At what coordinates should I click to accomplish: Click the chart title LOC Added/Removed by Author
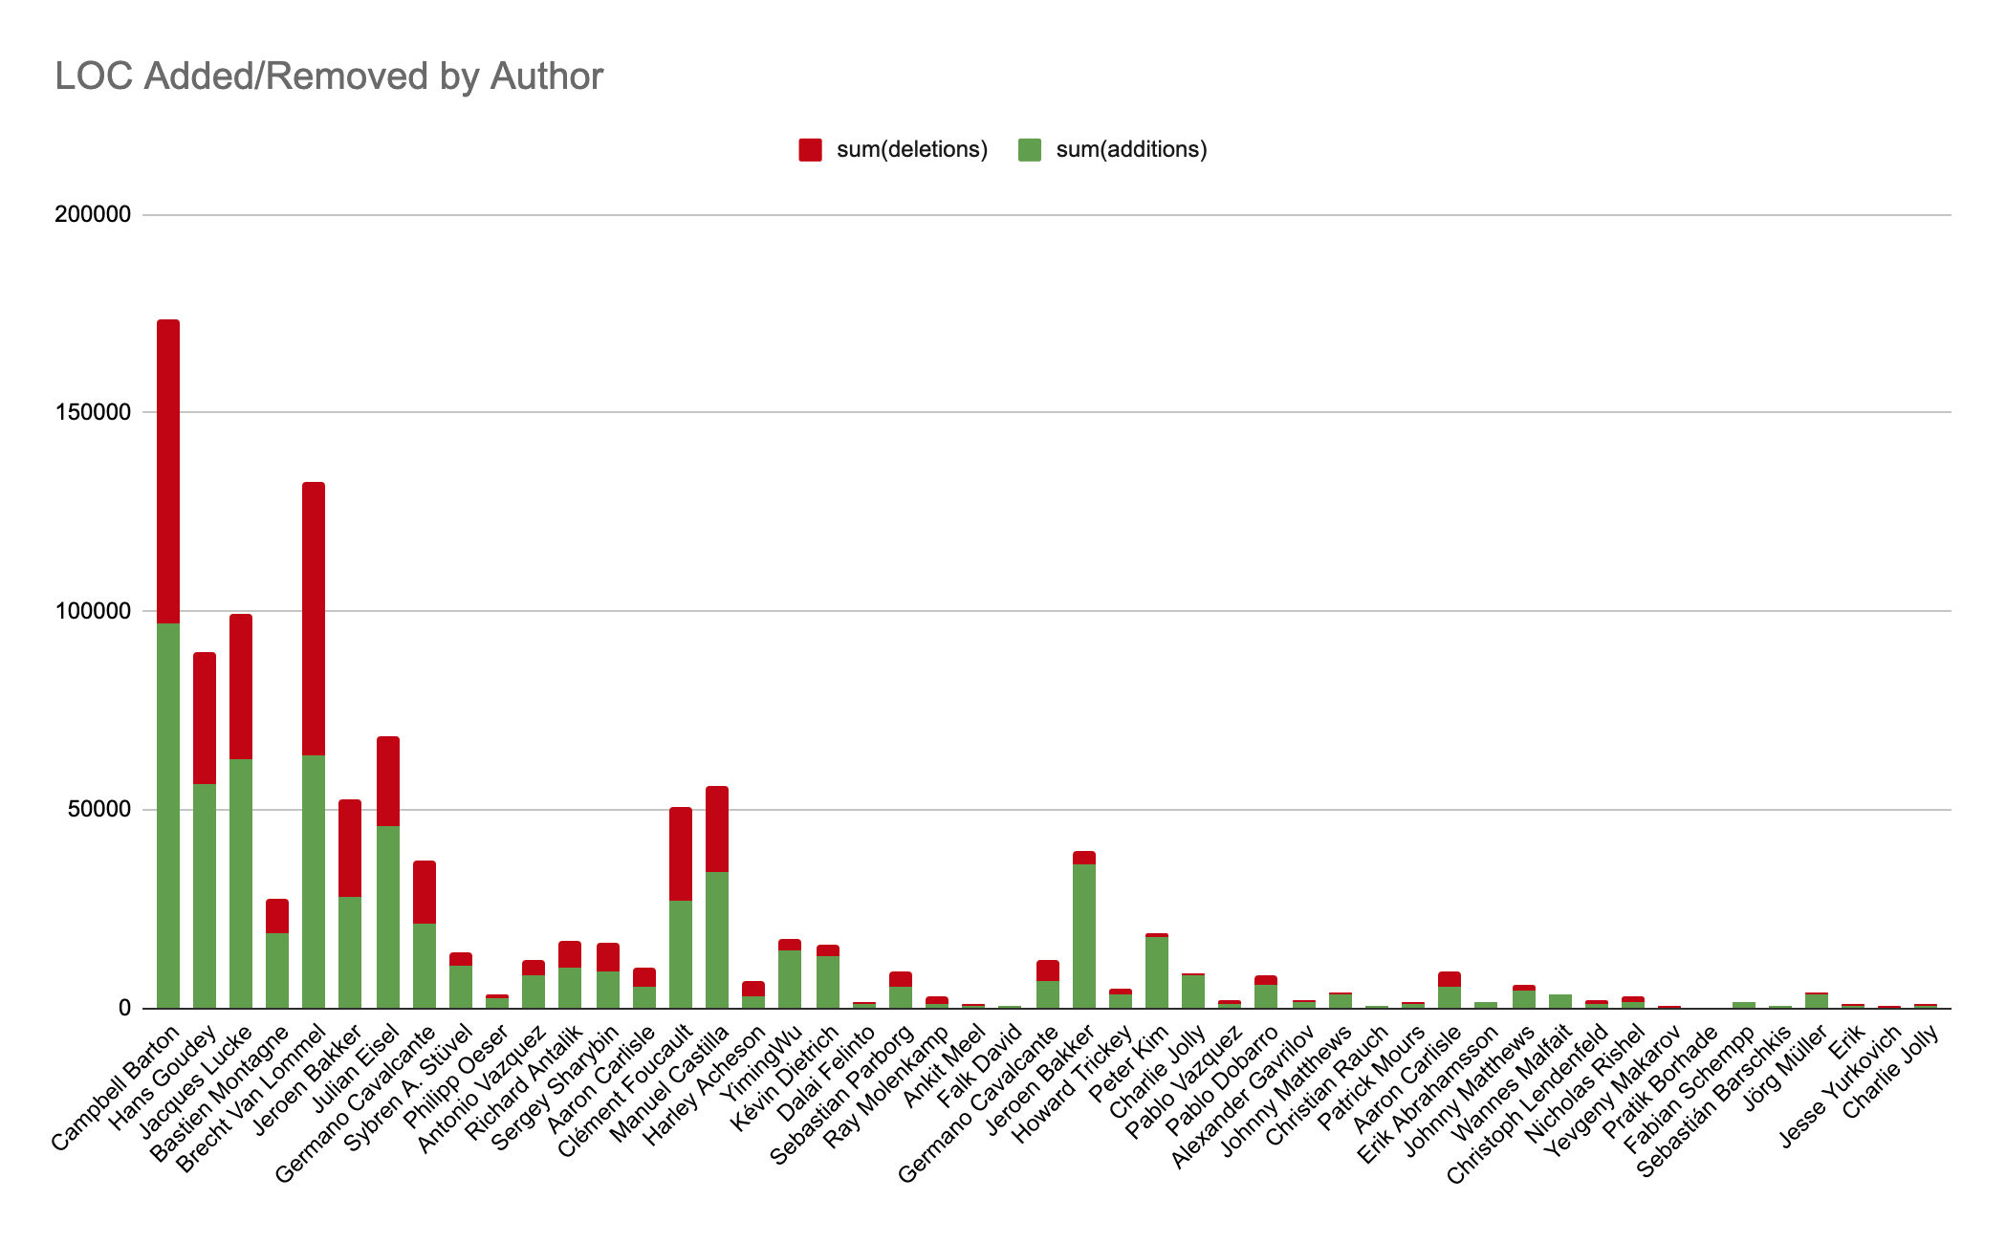click(x=329, y=76)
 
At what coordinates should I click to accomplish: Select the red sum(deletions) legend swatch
click(x=810, y=150)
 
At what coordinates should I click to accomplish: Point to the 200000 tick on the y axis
click(x=93, y=215)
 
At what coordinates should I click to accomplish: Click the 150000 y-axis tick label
click(x=93, y=413)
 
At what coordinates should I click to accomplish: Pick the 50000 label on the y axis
click(x=98, y=810)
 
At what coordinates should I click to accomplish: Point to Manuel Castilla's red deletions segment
click(x=717, y=829)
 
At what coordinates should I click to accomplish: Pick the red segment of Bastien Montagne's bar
click(x=277, y=916)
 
